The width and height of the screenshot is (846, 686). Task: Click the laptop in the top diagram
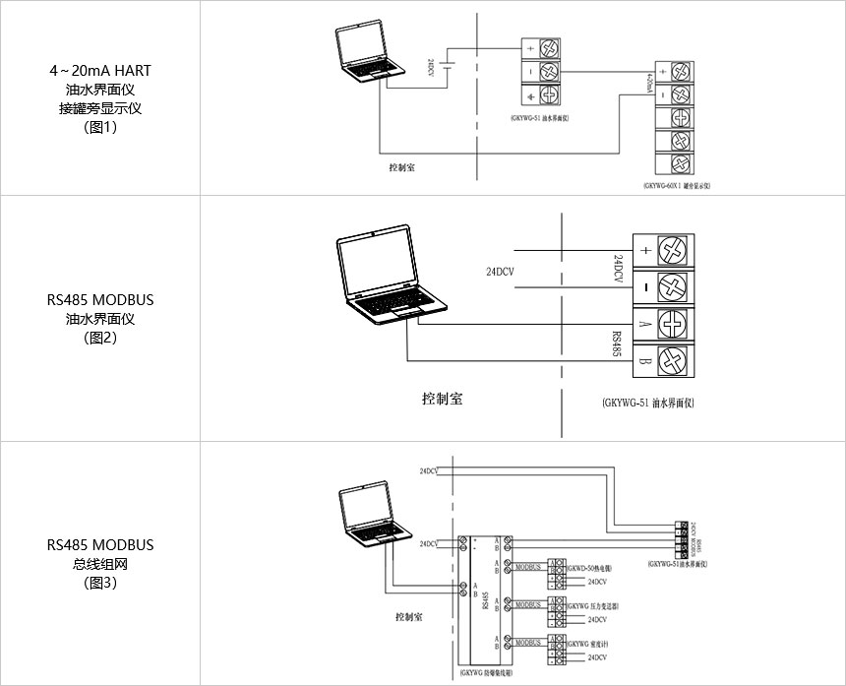(x=370, y=55)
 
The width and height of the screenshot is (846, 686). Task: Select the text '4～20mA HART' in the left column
(x=100, y=71)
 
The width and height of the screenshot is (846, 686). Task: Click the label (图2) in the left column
(x=100, y=338)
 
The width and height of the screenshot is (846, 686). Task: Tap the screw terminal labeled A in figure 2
(x=673, y=324)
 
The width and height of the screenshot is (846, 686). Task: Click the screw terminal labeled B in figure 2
(x=673, y=359)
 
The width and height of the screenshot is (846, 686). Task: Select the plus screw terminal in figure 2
(x=673, y=250)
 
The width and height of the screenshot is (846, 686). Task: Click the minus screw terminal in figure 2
(x=673, y=287)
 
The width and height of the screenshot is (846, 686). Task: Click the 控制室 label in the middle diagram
(x=442, y=399)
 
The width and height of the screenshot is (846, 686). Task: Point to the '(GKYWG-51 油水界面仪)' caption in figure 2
(x=646, y=404)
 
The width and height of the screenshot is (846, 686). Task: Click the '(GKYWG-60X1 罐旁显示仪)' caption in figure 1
(x=677, y=185)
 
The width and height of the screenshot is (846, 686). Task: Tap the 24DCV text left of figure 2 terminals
(x=503, y=270)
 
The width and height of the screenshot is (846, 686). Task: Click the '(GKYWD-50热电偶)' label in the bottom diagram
(x=589, y=569)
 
